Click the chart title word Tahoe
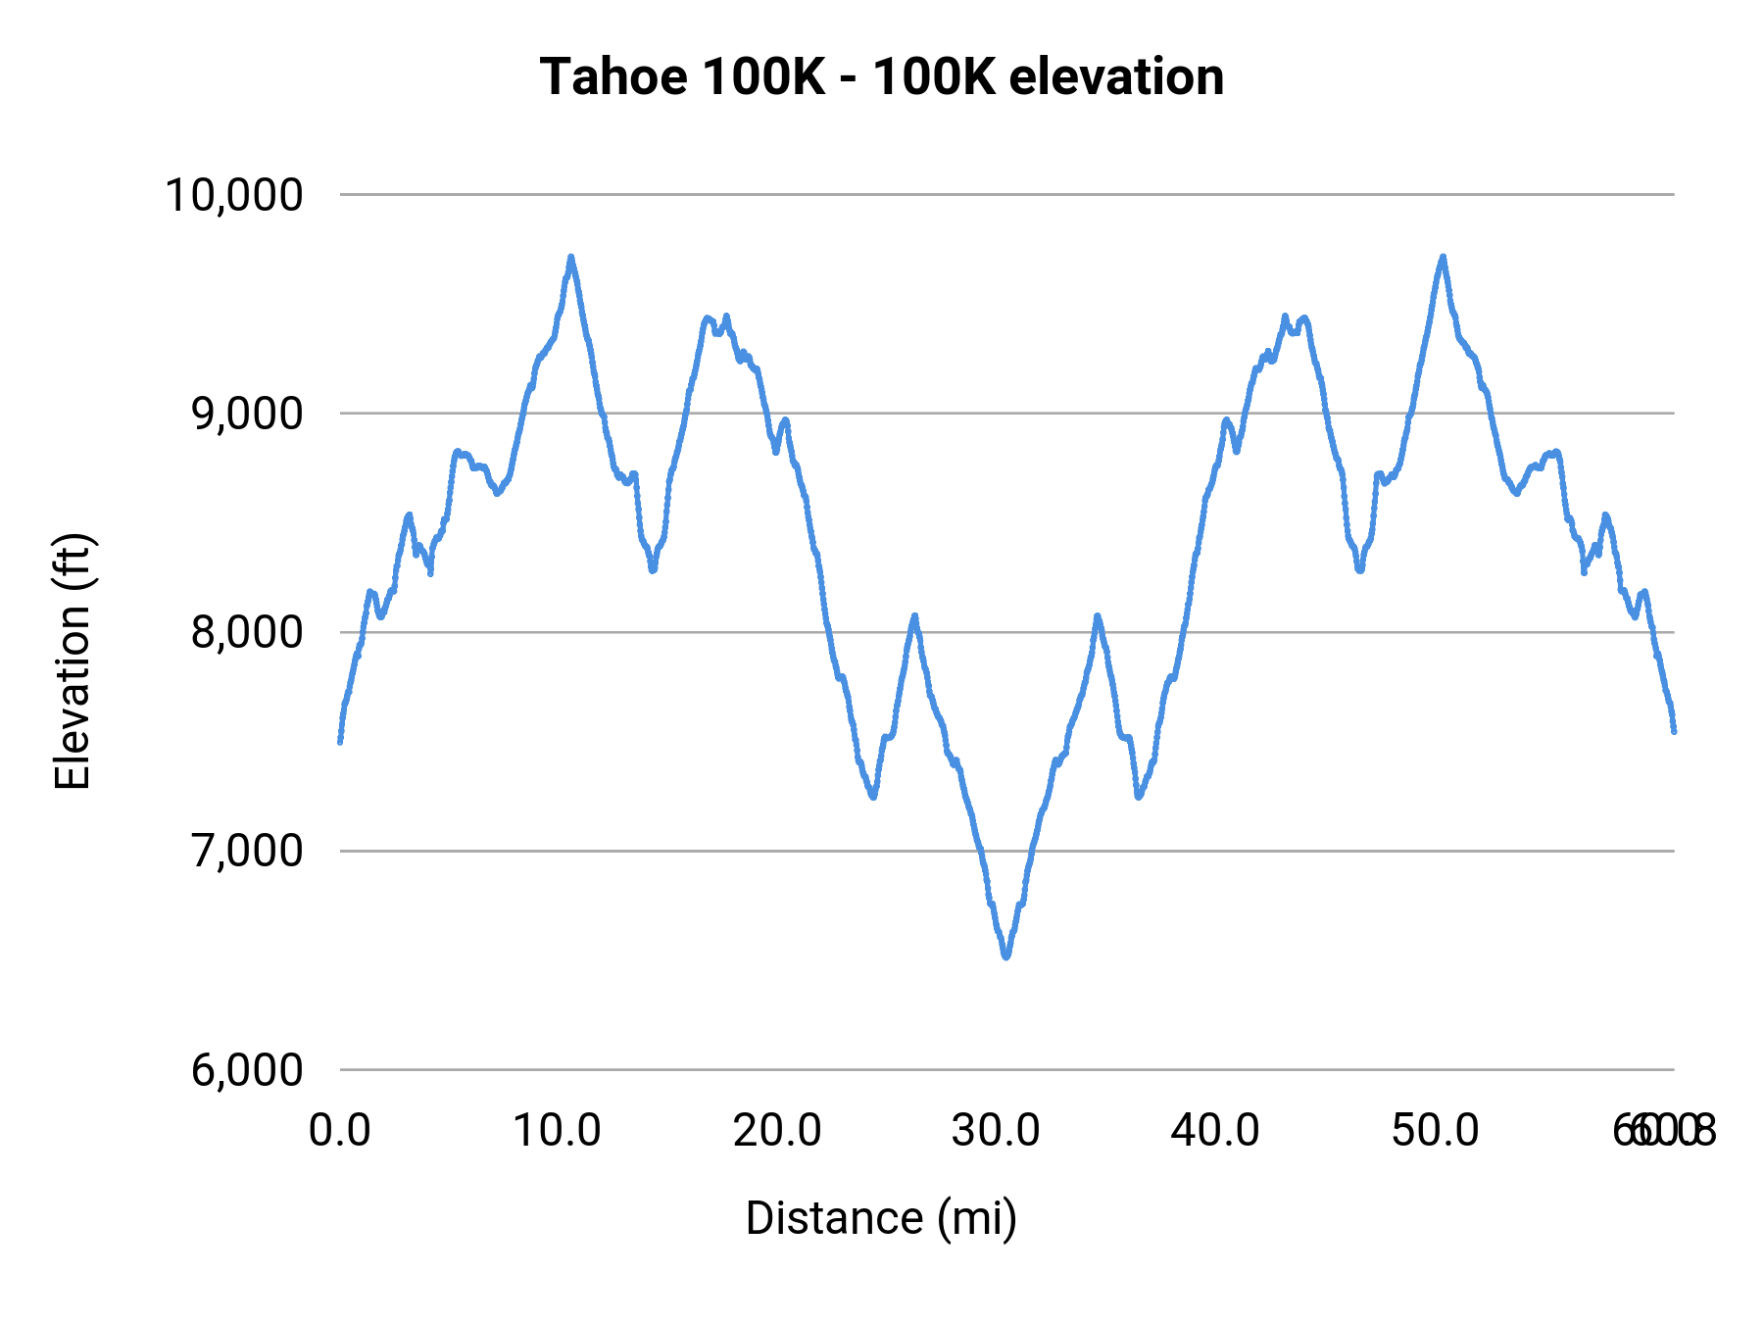pyautogui.click(x=612, y=77)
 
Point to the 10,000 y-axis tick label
pyautogui.click(x=234, y=195)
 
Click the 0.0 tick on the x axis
pyautogui.click(x=339, y=1131)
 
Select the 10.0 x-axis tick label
pyautogui.click(x=558, y=1131)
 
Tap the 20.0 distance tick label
pyautogui.click(x=777, y=1131)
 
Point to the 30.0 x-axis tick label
pyautogui.click(x=996, y=1131)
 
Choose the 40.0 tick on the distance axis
pyautogui.click(x=1215, y=1131)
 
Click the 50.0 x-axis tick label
pyautogui.click(x=1435, y=1131)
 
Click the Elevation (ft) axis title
pyautogui.click(x=73, y=661)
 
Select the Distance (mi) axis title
pyautogui.click(x=881, y=1218)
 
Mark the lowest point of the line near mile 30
pyautogui.click(x=1005, y=955)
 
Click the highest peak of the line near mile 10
pyautogui.click(x=570, y=257)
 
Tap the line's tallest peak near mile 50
pyautogui.click(x=1443, y=257)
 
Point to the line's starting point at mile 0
pyautogui.click(x=340, y=741)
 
